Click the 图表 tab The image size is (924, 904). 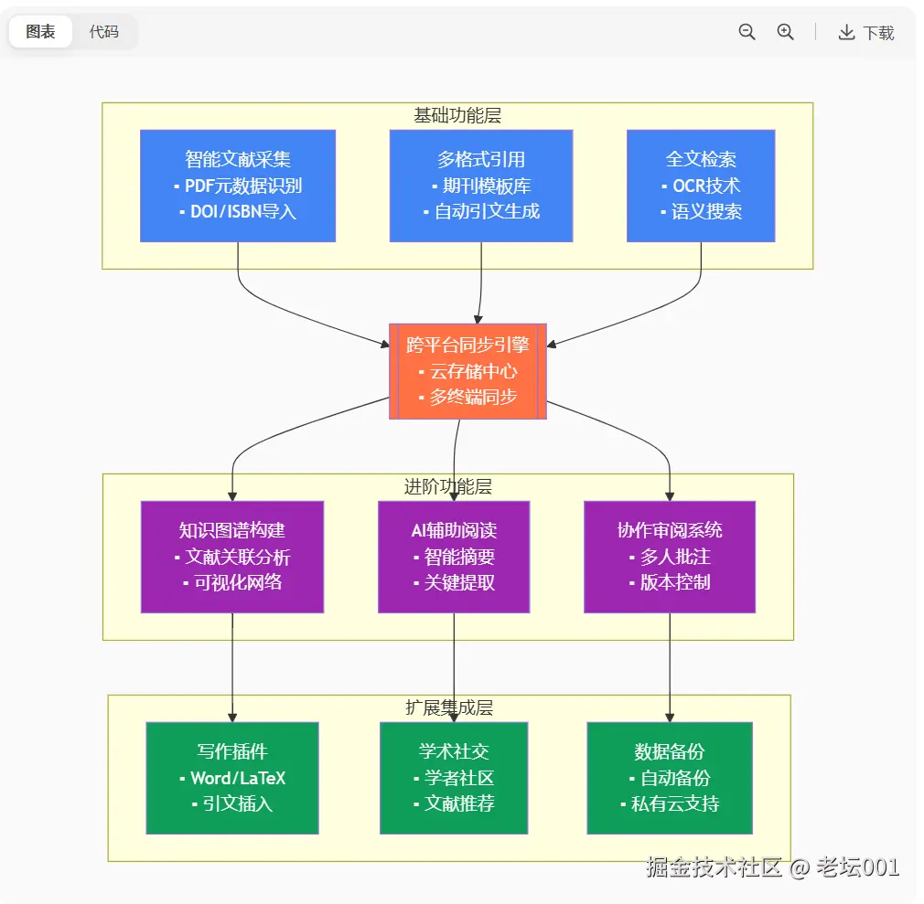click(41, 32)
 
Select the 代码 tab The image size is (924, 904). click(103, 32)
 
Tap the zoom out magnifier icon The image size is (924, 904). click(747, 32)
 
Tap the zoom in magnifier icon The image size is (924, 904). click(785, 32)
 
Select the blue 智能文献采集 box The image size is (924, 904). click(237, 186)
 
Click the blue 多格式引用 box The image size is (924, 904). click(480, 186)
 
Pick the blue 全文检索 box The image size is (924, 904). click(700, 186)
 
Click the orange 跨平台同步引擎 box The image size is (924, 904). click(467, 371)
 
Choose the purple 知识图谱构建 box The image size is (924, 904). click(232, 557)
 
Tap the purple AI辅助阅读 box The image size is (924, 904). click(454, 557)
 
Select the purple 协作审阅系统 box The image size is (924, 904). click(670, 557)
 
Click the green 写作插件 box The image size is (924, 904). click(232, 778)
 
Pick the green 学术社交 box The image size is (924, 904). click(454, 778)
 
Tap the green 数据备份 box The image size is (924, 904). click(670, 778)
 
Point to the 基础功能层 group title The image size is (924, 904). click(457, 115)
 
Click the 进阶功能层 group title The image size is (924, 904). click(448, 486)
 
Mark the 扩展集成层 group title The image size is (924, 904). click(449, 707)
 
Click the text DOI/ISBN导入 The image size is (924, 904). click(242, 212)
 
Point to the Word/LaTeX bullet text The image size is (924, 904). click(238, 779)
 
